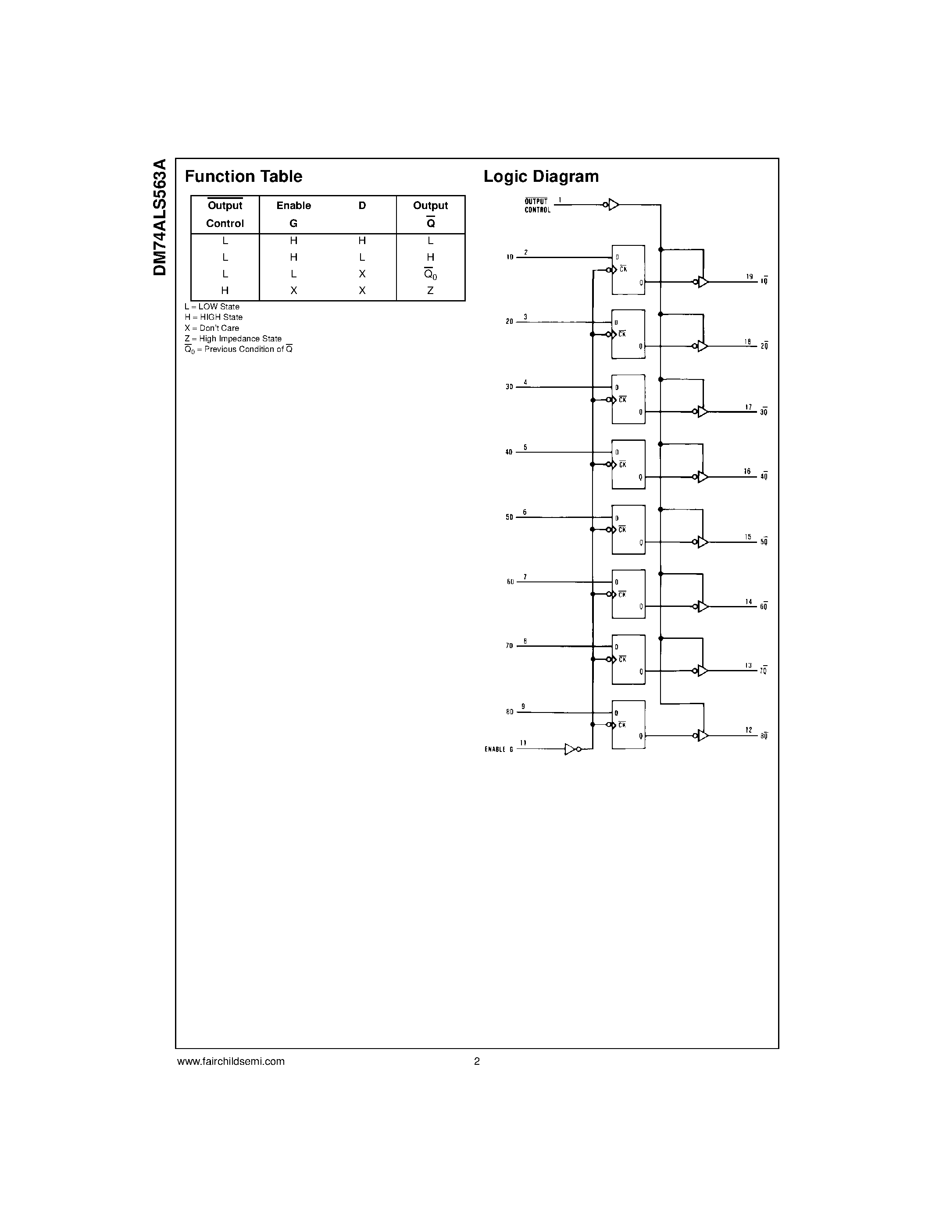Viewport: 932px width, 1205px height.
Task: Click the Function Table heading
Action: point(243,177)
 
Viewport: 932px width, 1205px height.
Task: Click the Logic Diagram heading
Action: point(541,177)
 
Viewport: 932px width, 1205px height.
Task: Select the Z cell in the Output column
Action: point(431,290)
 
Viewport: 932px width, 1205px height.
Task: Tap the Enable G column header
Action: point(294,214)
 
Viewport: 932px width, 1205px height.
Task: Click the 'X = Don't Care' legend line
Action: point(212,328)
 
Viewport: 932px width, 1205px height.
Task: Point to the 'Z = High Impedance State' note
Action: point(233,339)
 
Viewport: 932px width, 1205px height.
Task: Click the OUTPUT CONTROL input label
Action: point(537,206)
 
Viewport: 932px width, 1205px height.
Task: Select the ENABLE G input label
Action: point(499,749)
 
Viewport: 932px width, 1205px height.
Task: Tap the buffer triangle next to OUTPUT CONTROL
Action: point(614,205)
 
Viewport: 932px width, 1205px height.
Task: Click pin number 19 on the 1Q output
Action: point(749,276)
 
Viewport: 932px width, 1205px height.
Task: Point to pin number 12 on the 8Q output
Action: point(749,730)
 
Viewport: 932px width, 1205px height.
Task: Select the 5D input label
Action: point(509,517)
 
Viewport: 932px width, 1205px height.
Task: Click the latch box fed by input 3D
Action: point(628,400)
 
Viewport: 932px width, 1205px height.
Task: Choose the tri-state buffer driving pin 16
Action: point(703,477)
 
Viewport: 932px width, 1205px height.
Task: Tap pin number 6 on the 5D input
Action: point(525,512)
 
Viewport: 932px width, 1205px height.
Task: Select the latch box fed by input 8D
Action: point(628,724)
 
